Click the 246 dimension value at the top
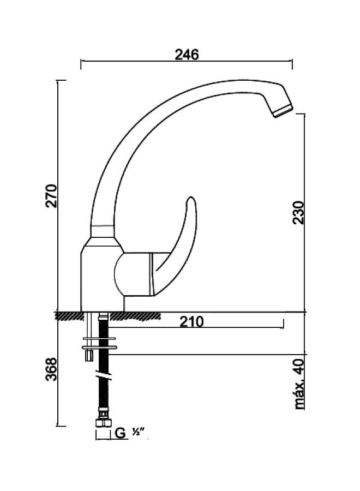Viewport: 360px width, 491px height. click(187, 54)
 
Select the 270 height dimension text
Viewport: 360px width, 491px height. click(51, 196)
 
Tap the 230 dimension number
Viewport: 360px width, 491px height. click(298, 212)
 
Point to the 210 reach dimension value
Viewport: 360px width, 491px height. click(191, 322)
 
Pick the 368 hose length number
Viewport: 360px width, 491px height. click(51, 370)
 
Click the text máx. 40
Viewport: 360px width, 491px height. click(298, 384)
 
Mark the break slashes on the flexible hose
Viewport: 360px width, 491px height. click(103, 376)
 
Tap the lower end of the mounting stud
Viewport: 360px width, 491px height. click(87, 357)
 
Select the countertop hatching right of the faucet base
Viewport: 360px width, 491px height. click(139, 315)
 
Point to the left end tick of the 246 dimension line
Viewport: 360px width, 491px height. click(81, 64)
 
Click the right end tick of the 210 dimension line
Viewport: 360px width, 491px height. click(283, 325)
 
